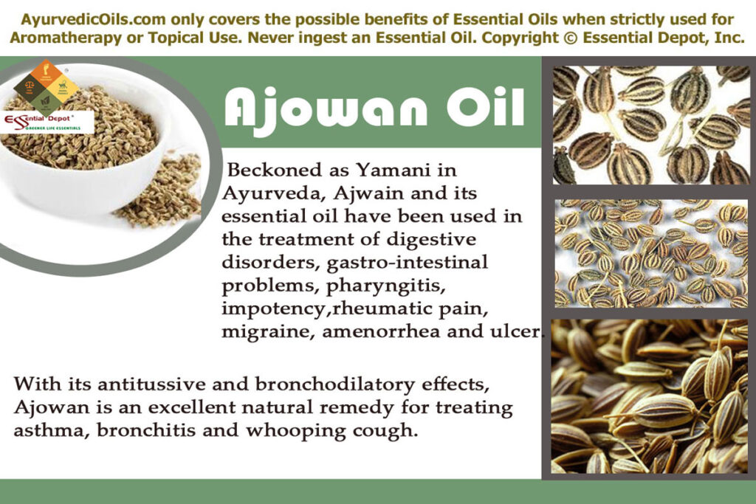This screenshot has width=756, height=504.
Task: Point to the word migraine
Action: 267,331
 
